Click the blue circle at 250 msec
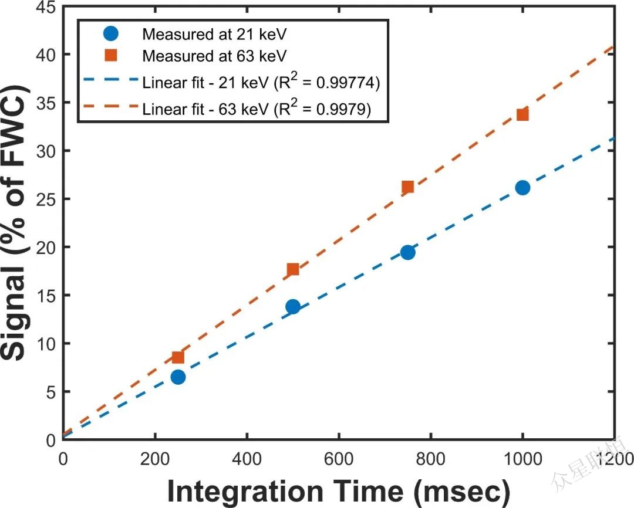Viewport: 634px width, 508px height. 178,377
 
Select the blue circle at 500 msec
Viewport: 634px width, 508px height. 293,306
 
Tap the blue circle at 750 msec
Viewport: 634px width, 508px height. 407,252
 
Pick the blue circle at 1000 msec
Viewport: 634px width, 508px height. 522,187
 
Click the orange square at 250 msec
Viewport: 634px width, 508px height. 178,357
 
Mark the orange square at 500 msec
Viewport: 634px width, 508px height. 293,269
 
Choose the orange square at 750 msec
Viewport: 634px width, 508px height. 407,187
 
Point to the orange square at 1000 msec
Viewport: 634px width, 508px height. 522,114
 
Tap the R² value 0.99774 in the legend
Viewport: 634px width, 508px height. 350,83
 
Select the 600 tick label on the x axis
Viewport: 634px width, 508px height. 339,458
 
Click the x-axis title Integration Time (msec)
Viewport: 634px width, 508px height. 338,490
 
